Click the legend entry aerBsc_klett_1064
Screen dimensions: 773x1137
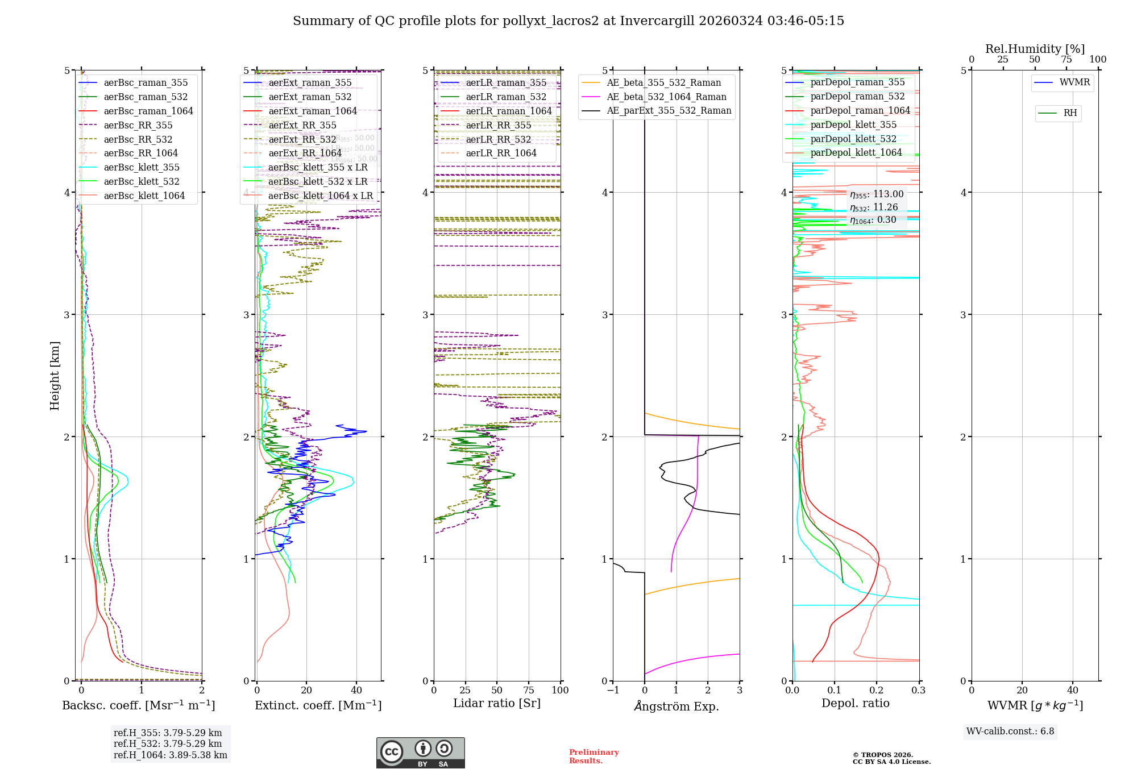point(144,196)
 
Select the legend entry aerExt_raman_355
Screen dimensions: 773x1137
point(310,82)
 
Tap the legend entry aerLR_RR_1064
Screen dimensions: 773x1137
point(501,153)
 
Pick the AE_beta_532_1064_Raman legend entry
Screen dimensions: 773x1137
point(666,97)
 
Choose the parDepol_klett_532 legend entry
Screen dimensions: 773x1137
point(853,139)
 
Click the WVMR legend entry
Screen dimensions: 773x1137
point(1074,82)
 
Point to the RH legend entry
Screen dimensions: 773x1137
point(1070,113)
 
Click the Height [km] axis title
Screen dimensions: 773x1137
point(55,375)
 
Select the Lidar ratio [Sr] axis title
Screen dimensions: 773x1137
point(496,703)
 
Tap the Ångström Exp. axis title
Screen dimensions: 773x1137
point(676,706)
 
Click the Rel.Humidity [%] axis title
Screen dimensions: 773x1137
point(1035,49)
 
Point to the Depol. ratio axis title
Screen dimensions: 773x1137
point(855,703)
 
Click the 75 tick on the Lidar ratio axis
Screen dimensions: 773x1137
point(529,690)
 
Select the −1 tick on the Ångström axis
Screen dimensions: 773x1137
point(612,690)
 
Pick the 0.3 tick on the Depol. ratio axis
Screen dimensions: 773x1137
point(918,690)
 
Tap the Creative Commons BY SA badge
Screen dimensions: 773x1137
point(420,753)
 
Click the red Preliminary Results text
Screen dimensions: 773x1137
point(594,756)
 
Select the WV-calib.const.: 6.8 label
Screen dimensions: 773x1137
point(1010,732)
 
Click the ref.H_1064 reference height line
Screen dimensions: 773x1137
point(170,755)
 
